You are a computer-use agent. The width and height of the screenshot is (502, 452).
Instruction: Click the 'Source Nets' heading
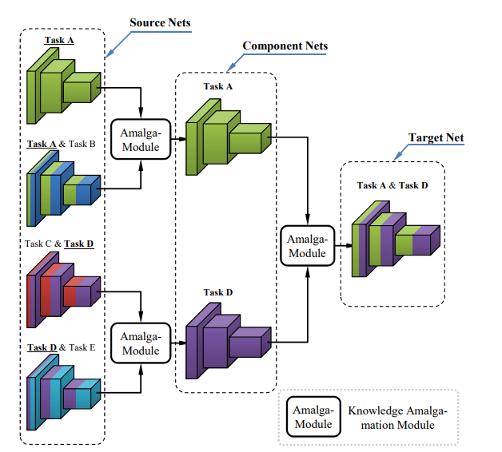point(160,22)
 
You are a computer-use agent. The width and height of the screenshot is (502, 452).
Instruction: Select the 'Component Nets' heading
point(285,46)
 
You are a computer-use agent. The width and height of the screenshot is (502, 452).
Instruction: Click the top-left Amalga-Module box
point(140,139)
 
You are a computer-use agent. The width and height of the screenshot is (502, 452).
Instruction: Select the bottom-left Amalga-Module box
point(140,341)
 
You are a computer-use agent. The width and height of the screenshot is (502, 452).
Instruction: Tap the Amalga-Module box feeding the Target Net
point(307,245)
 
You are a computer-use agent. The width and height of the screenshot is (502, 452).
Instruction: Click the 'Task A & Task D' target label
point(392,185)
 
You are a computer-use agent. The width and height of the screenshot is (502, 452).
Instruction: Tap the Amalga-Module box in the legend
point(313,416)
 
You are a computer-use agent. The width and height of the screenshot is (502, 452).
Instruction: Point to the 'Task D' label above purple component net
point(217,292)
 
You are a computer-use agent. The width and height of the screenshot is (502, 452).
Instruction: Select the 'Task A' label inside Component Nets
point(217,86)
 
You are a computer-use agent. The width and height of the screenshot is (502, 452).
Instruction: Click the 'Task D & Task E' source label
point(62,347)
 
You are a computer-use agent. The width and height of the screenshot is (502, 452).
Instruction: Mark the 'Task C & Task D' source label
point(60,244)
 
